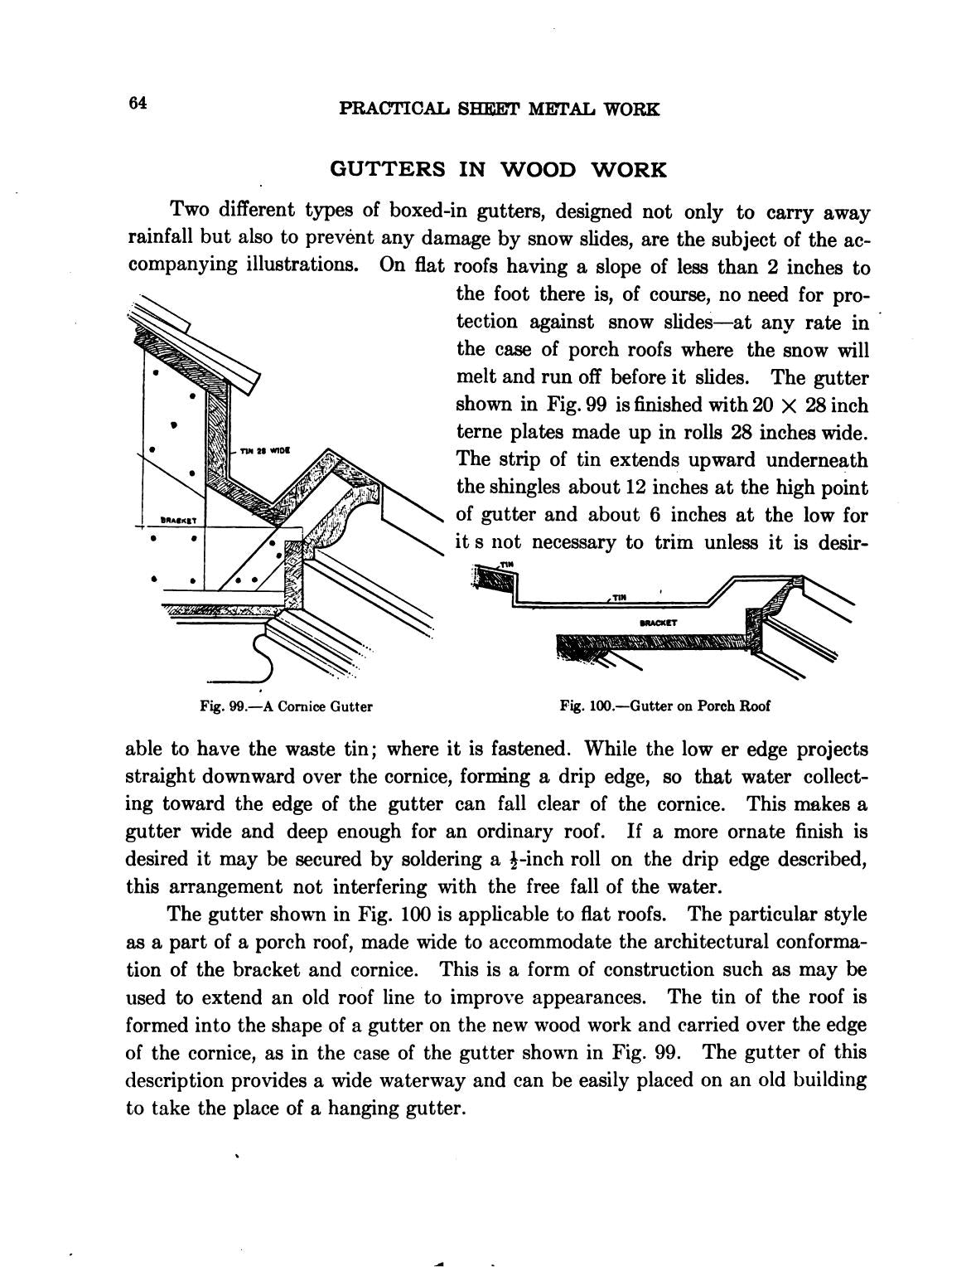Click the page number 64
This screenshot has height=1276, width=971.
[x=138, y=103]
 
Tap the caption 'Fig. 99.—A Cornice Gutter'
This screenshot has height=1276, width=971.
[x=286, y=706]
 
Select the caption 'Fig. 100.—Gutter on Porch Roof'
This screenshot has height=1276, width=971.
[x=664, y=706]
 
